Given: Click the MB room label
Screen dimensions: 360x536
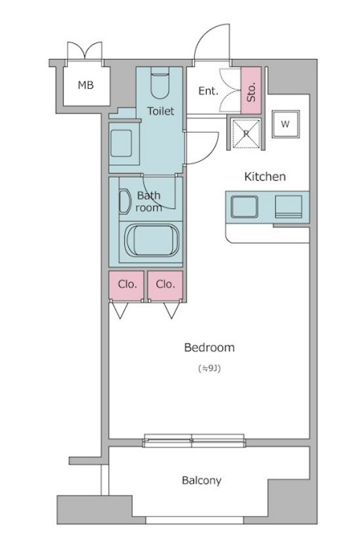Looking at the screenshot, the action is click(x=86, y=85).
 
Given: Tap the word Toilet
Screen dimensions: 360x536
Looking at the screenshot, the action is click(x=160, y=111).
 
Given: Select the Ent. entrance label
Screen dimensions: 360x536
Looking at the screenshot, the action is click(x=208, y=91).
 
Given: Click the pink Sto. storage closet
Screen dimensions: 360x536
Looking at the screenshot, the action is click(x=251, y=90).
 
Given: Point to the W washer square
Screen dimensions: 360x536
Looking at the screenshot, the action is click(x=285, y=124).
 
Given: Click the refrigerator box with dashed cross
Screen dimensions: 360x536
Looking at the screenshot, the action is click(x=246, y=134).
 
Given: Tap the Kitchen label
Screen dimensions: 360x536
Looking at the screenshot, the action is click(x=265, y=176).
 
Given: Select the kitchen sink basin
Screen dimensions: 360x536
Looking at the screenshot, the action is click(x=244, y=207).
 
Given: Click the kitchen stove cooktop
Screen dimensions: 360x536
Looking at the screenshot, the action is click(x=288, y=207).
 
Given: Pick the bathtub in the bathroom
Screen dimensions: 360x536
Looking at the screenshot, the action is click(x=152, y=240).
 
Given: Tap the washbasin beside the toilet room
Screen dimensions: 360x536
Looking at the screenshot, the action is click(x=121, y=144).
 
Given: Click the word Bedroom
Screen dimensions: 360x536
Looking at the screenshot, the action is click(x=209, y=347).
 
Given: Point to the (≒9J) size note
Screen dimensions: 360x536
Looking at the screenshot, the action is click(x=209, y=368).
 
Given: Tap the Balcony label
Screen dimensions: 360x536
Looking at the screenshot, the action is click(x=201, y=481).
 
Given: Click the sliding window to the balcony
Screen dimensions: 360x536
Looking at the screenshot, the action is click(x=194, y=440).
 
